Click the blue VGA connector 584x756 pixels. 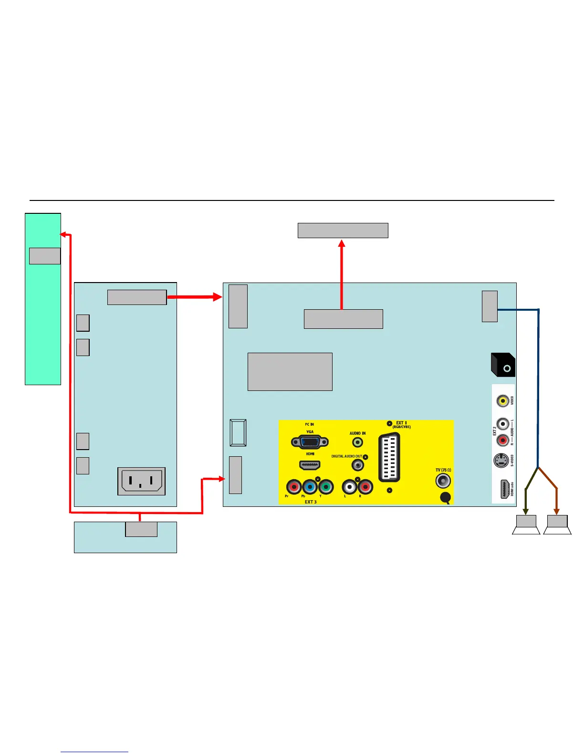[x=310, y=442]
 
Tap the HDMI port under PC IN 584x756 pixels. [x=310, y=464]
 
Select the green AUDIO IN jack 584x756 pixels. [x=357, y=442]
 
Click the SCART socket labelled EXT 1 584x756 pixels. [x=389, y=458]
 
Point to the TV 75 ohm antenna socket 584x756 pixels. [x=443, y=480]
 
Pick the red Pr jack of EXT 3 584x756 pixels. [x=294, y=487]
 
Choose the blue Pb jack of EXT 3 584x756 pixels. [x=310, y=487]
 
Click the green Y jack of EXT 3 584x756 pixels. [x=326, y=487]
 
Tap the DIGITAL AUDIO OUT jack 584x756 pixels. [x=357, y=464]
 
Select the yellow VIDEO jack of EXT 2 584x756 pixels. [x=502, y=400]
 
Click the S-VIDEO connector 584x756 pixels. [x=501, y=461]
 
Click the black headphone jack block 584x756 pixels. [x=503, y=365]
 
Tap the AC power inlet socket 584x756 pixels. [x=141, y=481]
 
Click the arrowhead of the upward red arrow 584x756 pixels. [x=342, y=243]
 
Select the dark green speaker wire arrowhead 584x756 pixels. [x=526, y=512]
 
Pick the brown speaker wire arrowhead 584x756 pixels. [x=557, y=512]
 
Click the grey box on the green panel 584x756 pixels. [x=45, y=256]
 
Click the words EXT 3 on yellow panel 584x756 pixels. [x=311, y=502]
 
